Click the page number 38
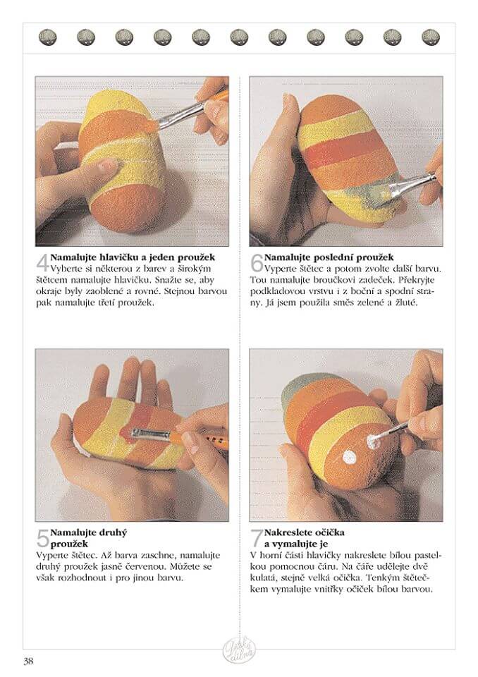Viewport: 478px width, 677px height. [x=28, y=661]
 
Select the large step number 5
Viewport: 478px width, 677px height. [x=43, y=538]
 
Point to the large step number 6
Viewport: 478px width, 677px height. [x=257, y=263]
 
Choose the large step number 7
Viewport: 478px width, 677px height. [x=257, y=538]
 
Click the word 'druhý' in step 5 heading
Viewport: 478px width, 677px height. [x=113, y=533]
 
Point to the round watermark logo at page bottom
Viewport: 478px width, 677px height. [x=239, y=649]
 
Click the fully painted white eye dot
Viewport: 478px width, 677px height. [x=349, y=457]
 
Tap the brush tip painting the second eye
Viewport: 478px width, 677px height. [x=372, y=441]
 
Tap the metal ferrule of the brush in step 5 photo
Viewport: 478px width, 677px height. [x=150, y=435]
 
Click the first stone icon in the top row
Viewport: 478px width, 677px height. [x=47, y=37]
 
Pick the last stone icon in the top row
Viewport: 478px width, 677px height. [x=431, y=37]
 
